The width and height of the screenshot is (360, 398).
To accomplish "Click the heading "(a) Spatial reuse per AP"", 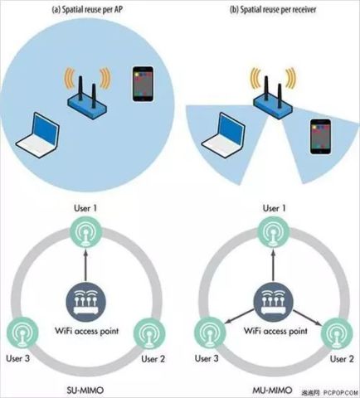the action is point(87,10).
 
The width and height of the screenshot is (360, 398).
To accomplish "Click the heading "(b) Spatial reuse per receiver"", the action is point(273,10).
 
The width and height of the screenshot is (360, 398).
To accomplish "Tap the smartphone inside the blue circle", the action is point(143,84).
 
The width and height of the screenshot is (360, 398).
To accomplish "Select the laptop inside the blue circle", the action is point(37,135).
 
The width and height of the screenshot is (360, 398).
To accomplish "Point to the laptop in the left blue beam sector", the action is point(223,135).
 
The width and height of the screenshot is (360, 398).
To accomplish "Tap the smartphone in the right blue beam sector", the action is point(320,137).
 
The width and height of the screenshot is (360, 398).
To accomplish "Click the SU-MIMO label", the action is point(85,391).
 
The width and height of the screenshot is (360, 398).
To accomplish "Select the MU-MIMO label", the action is point(272,391).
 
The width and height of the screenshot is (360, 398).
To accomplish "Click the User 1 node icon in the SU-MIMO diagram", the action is point(85,232).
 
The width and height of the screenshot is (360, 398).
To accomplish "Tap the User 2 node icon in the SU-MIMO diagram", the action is point(149,333).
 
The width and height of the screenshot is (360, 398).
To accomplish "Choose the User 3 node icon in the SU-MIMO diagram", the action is point(22,333).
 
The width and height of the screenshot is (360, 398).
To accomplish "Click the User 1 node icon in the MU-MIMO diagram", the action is point(274,232).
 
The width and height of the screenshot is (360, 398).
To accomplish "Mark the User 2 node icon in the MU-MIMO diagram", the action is point(337,333).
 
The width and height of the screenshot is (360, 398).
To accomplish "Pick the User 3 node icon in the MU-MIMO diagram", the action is point(210,333).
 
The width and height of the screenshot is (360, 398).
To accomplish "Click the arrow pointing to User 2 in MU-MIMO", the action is point(308,318).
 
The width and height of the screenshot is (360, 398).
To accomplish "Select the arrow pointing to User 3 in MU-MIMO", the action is point(240,317).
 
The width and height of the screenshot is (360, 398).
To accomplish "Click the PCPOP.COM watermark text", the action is point(341,392).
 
